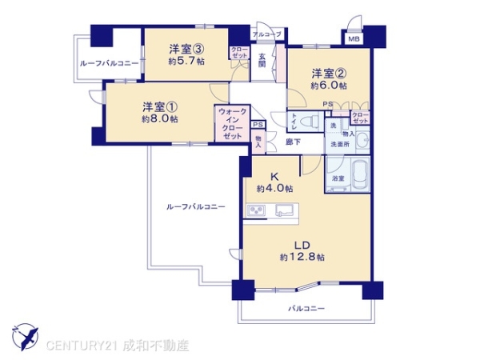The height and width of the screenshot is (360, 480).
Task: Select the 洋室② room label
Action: (x=327, y=71)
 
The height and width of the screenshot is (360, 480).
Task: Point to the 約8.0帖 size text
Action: (x=159, y=118)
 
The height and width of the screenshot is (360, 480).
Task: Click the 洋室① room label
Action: (x=159, y=105)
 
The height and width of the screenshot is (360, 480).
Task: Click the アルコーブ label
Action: (x=266, y=34)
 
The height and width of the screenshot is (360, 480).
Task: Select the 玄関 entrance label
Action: (x=262, y=60)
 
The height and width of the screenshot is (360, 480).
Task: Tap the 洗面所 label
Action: (x=341, y=144)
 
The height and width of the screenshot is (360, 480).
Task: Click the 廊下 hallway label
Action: (x=294, y=142)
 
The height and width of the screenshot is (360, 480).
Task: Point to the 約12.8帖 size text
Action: (x=302, y=258)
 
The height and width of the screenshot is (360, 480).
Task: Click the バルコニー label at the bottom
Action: (x=305, y=308)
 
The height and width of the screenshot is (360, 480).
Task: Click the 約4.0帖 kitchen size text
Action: (x=274, y=190)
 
